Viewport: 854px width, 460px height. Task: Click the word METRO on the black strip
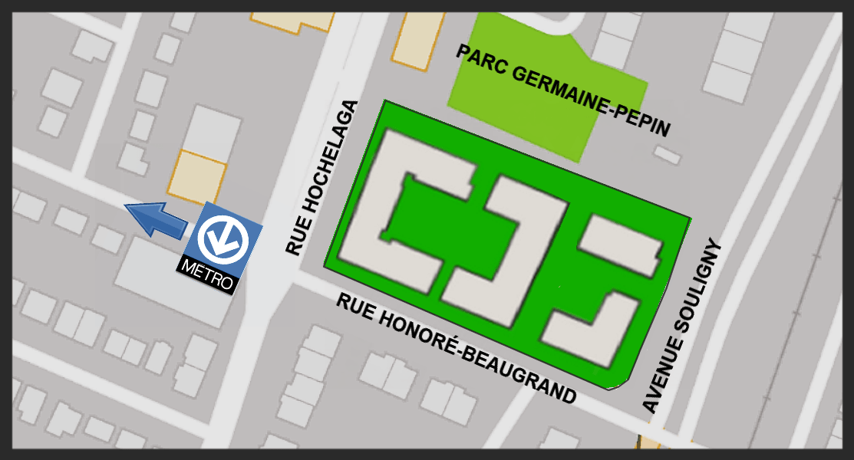tap(206, 275)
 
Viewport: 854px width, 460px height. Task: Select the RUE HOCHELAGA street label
tap(321, 178)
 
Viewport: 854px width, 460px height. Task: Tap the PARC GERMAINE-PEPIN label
tap(563, 90)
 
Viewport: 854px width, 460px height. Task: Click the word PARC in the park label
tap(478, 61)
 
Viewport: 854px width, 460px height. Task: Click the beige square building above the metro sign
tap(198, 177)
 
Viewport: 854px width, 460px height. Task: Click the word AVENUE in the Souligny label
tap(662, 375)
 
